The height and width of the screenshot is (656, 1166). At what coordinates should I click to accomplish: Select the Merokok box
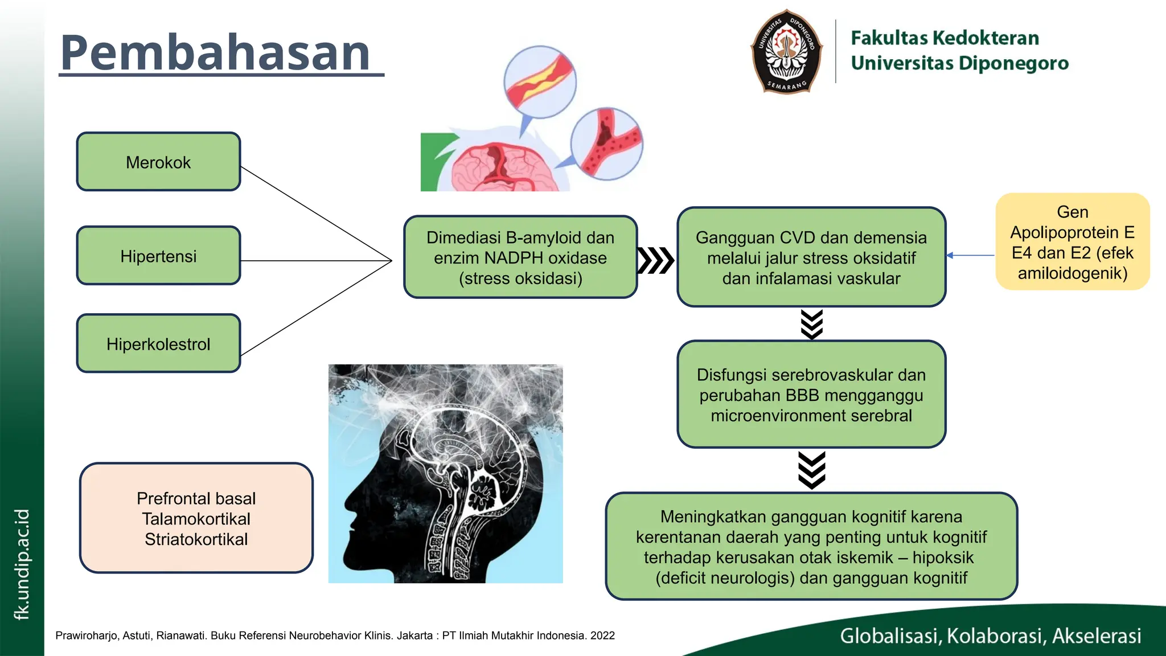pos(158,162)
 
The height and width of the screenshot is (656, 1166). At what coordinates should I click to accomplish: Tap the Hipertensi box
pos(158,256)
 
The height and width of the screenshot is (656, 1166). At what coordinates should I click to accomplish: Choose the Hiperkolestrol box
pos(158,344)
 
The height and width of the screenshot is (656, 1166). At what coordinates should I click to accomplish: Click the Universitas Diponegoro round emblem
pos(787,51)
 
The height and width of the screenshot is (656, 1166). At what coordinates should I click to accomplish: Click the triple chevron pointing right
pos(656,261)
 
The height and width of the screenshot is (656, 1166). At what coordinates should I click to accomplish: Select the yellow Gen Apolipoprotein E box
pos(1072,242)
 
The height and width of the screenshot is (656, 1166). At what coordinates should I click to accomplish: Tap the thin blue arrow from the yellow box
pos(970,256)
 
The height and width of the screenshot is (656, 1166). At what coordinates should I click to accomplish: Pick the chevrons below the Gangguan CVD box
pos(811,324)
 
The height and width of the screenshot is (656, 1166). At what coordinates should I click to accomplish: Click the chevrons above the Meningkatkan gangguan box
pos(811,470)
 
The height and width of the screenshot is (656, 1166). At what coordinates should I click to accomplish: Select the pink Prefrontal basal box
pos(196,518)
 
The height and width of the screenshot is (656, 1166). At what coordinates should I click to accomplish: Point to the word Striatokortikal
pos(196,539)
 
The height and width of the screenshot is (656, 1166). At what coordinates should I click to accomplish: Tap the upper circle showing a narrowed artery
pos(540,81)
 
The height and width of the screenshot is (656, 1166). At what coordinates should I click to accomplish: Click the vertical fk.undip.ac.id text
pos(22,564)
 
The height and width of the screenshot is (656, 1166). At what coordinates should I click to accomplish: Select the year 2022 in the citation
pos(602,635)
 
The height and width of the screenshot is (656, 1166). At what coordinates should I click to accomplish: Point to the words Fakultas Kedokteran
pos(945,38)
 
